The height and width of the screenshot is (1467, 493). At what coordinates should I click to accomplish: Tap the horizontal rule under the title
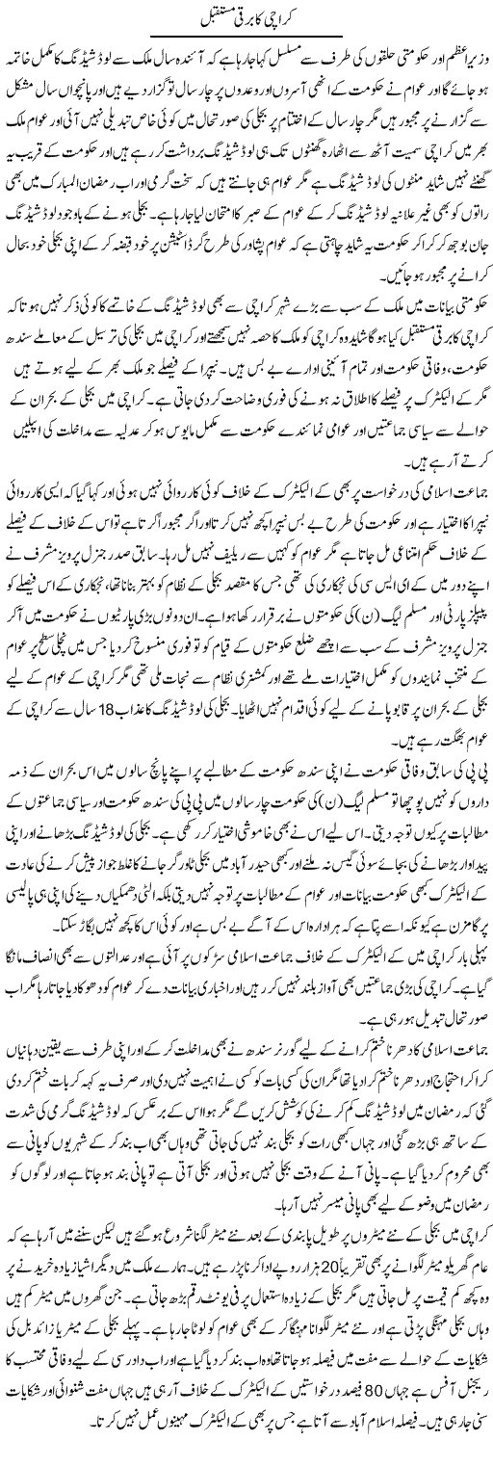246,37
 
